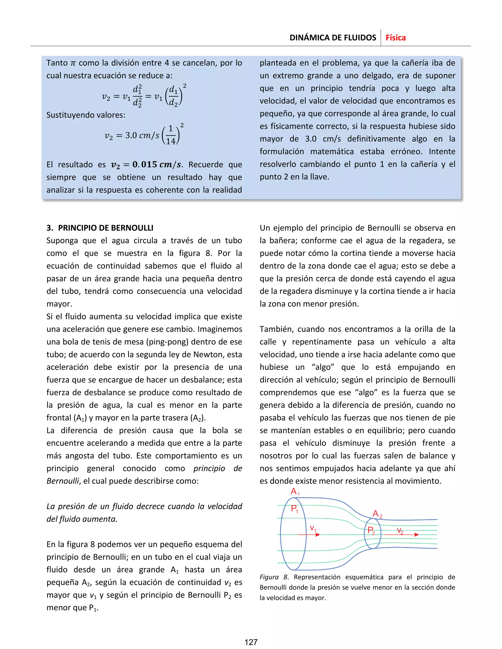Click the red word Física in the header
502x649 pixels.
396,38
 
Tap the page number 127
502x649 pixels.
251,642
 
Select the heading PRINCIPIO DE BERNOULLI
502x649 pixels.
106,228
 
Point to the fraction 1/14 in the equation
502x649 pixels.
171,135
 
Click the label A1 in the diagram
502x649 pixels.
295,492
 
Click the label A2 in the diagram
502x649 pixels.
377,514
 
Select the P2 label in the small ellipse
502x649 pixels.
371,530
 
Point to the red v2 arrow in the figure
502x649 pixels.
402,534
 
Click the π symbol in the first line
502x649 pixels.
73,63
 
